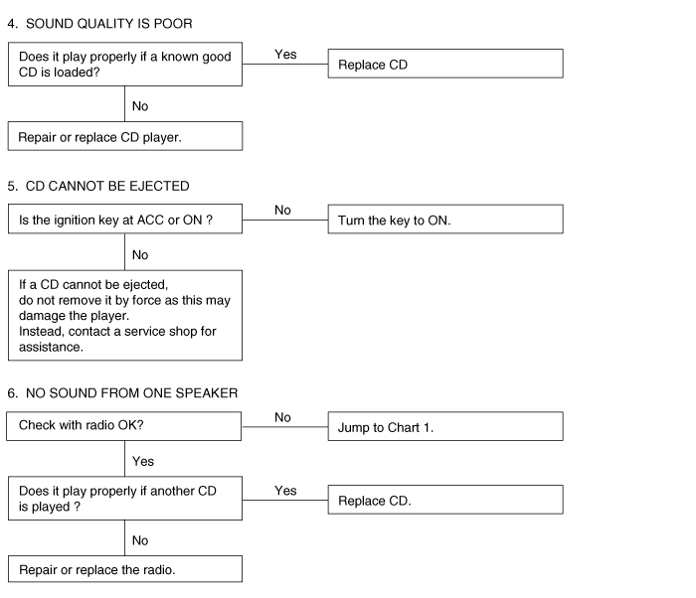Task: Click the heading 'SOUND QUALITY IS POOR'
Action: [x=108, y=24]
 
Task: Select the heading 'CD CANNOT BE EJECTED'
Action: [x=107, y=186]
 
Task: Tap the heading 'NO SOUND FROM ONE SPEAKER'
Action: [x=132, y=393]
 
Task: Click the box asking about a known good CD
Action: [x=125, y=65]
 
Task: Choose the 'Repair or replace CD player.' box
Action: [x=125, y=136]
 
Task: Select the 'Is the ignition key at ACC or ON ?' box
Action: [x=125, y=219]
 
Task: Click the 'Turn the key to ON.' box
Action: [x=445, y=220]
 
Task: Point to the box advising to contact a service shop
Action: [x=125, y=316]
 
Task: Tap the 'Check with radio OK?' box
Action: [x=124, y=426]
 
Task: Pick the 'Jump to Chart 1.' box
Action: [x=445, y=426]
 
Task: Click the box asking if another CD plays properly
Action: [x=125, y=499]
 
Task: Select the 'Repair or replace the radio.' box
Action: [x=125, y=569]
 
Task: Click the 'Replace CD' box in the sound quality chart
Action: [x=445, y=64]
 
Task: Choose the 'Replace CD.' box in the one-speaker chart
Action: [x=445, y=500]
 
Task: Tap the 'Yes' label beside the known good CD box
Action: [x=285, y=54]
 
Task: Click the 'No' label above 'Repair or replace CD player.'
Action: [x=140, y=106]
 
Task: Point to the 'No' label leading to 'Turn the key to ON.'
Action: [x=282, y=210]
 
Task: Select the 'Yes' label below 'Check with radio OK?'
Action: [x=143, y=461]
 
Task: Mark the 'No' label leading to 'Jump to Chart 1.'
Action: [x=282, y=417]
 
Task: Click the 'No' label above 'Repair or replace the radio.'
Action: [x=140, y=540]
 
